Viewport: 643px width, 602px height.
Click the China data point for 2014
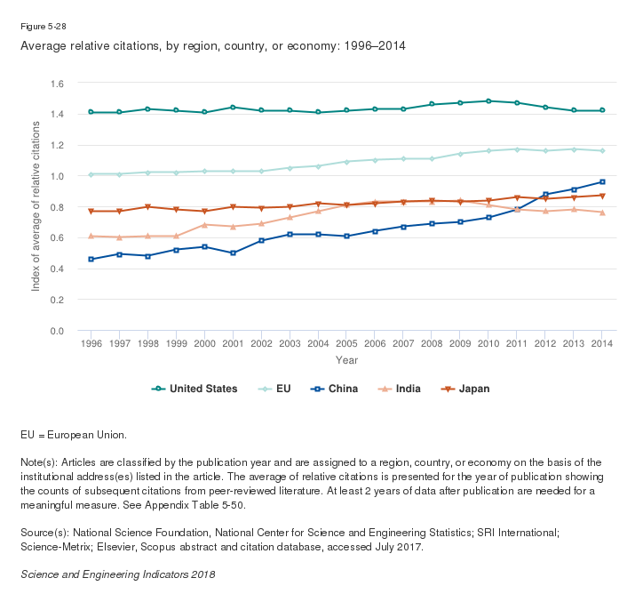click(x=602, y=182)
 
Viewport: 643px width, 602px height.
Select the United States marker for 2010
click(x=488, y=101)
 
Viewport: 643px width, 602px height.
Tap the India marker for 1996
click(x=91, y=236)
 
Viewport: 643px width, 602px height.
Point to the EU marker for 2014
click(x=602, y=151)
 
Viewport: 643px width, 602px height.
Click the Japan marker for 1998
click(x=147, y=207)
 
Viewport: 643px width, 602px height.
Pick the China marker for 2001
click(x=233, y=253)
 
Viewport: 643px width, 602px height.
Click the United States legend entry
click(x=194, y=389)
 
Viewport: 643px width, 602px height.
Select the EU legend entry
click(x=274, y=389)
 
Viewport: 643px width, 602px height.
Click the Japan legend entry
click(x=466, y=389)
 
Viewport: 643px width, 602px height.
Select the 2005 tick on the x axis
click(x=346, y=342)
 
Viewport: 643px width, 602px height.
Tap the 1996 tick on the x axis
click(x=91, y=342)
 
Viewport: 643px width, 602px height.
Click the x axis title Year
click(x=346, y=360)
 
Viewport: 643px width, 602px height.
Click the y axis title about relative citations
click(x=36, y=206)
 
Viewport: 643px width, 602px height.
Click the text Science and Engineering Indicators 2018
click(x=117, y=574)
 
